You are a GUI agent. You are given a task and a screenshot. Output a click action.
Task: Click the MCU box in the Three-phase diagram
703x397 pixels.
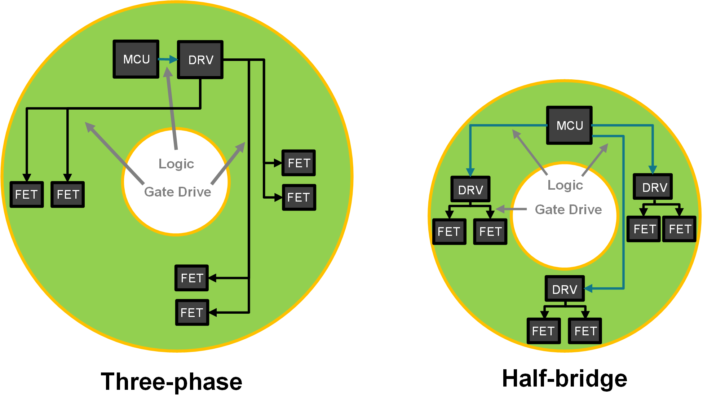coord(136,59)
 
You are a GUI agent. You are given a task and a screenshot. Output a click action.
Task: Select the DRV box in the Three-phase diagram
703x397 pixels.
coord(200,59)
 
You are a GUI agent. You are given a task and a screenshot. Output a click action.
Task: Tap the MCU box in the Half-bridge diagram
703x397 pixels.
coord(569,125)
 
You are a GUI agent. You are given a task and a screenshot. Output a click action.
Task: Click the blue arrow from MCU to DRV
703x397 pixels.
coord(168,59)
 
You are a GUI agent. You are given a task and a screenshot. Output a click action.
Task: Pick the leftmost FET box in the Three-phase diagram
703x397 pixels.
coord(27,194)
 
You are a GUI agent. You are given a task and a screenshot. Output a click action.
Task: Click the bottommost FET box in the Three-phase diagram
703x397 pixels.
coord(192,312)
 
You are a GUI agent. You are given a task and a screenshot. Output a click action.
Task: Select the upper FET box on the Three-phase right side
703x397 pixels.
coord(299,163)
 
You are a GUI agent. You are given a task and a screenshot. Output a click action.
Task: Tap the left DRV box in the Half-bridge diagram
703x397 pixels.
coord(470,189)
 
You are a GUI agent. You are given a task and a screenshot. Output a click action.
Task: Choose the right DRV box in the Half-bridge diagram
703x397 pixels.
coord(653,187)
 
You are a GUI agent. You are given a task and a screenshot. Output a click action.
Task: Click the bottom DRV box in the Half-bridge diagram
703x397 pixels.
coord(565,289)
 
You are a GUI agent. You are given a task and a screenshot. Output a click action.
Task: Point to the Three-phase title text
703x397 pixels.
coord(172,381)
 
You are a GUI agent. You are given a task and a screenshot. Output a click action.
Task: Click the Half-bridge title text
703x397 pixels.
coord(565,379)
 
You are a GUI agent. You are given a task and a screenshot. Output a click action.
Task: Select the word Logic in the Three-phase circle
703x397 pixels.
coord(176,164)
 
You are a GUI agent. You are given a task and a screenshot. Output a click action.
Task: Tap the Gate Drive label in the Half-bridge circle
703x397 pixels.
coord(568,209)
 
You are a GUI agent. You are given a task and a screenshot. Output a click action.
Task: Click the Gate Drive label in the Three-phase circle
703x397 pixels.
coord(178,192)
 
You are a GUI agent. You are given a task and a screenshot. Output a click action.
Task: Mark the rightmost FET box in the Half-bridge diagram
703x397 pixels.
coord(680,229)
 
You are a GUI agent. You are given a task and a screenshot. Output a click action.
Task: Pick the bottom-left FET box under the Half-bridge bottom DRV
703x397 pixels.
coord(544,331)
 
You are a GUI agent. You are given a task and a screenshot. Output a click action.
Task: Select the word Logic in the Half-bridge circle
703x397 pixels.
coord(565,185)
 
